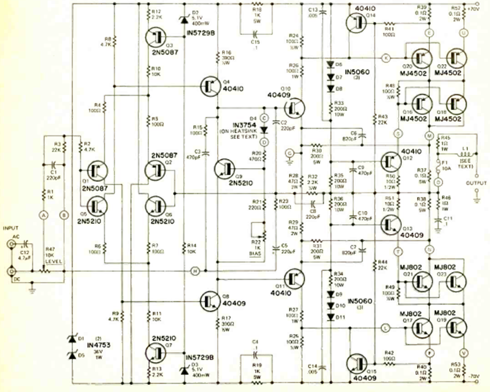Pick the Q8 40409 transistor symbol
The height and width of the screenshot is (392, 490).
click(209, 300)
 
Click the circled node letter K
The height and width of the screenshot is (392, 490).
click(386, 58)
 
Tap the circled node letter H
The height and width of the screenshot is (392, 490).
click(195, 270)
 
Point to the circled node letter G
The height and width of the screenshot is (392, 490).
click(288, 152)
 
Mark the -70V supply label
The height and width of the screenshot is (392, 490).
click(476, 377)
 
